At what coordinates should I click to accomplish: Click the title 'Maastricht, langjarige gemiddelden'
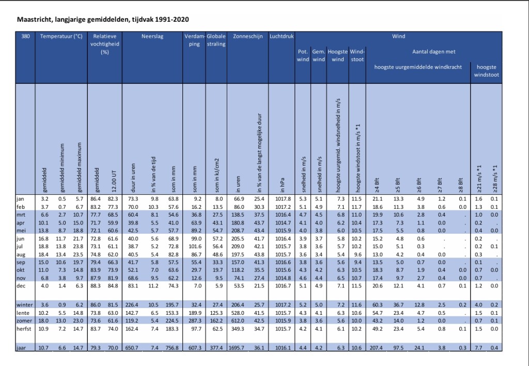click(x=103, y=20)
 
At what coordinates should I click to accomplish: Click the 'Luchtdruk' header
click(x=282, y=37)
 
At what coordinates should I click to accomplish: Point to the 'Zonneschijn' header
click(x=248, y=37)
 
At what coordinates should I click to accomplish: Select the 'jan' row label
click(x=21, y=199)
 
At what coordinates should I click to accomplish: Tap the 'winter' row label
click(x=25, y=306)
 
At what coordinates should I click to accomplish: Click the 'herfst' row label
click(x=25, y=329)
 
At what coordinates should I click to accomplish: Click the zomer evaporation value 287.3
click(x=195, y=321)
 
